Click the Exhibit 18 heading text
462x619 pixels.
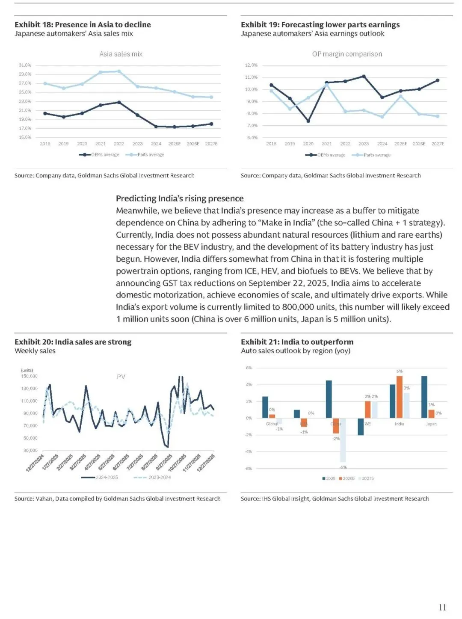pyautogui.click(x=83, y=25)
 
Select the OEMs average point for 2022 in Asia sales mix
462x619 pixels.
pyautogui.click(x=119, y=102)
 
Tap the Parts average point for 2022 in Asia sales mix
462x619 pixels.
pyautogui.click(x=119, y=71)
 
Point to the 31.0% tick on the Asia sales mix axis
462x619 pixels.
pyautogui.click(x=25, y=65)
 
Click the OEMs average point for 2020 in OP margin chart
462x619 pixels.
pyautogui.click(x=308, y=121)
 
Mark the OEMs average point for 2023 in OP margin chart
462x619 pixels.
pyautogui.click(x=364, y=76)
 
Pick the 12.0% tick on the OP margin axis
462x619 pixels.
pyautogui.click(x=251, y=65)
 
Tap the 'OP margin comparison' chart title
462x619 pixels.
pyautogui.click(x=347, y=54)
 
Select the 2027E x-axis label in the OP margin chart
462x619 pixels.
pyautogui.click(x=438, y=144)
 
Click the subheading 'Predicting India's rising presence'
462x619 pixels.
pyautogui.click(x=180, y=198)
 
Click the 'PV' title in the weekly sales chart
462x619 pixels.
pyautogui.click(x=121, y=377)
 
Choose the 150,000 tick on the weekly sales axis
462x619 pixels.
pyautogui.click(x=29, y=376)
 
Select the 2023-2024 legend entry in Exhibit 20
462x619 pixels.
pyautogui.click(x=159, y=478)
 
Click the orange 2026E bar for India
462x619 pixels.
pyautogui.click(x=400, y=397)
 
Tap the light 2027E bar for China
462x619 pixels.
pyautogui.click(x=343, y=440)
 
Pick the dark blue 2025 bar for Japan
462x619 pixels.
pyautogui.click(x=424, y=397)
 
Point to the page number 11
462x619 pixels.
pyautogui.click(x=442, y=607)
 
